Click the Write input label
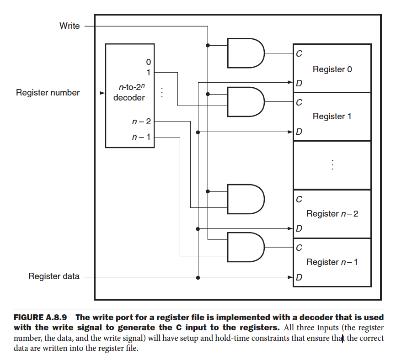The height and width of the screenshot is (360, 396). [x=70, y=26]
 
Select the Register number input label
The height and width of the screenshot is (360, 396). [x=48, y=93]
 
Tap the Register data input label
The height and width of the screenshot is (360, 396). [x=54, y=276]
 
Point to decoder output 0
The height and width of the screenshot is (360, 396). [x=148, y=61]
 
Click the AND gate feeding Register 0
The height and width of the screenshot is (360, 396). [x=245, y=53]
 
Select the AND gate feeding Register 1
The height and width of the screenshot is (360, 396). [x=245, y=102]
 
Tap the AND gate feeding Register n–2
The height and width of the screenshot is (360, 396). [x=245, y=199]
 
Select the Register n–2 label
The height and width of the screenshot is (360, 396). [x=332, y=214]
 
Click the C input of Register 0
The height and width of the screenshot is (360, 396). [x=299, y=54]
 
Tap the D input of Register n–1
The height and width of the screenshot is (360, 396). [x=299, y=277]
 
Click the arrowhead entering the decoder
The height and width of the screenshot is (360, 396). [x=102, y=93]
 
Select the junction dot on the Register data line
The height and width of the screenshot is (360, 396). [x=198, y=277]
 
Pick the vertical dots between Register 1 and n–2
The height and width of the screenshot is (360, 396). [x=332, y=165]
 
